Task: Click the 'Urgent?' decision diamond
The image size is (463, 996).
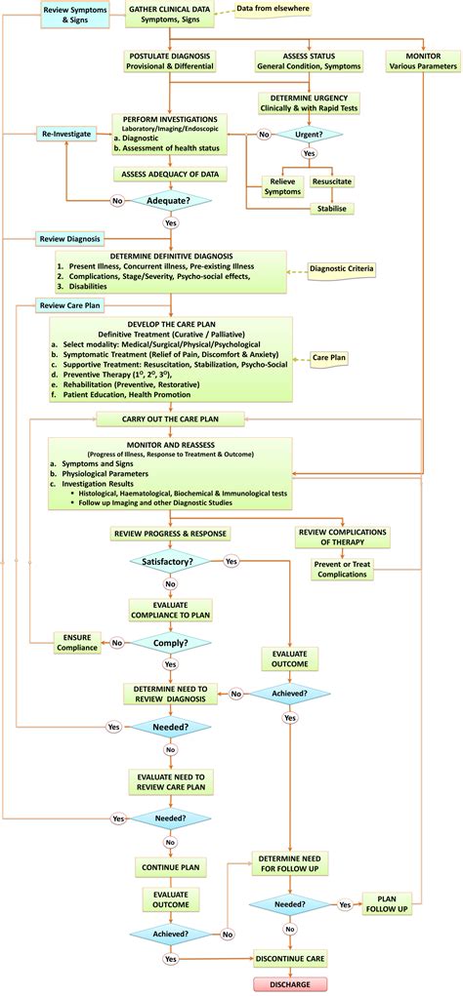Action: [x=310, y=136]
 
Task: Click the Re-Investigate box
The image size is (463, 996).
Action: [x=66, y=133]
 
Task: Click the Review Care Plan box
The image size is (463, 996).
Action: [x=65, y=305]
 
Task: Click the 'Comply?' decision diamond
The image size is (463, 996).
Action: [x=171, y=644]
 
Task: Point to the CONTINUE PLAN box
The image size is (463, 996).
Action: [x=171, y=865]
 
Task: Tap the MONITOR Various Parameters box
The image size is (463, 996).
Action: [x=421, y=61]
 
